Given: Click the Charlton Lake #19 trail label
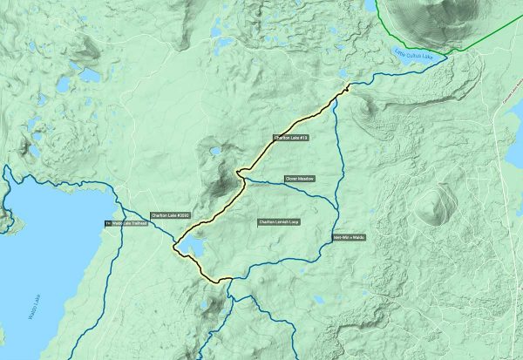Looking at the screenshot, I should point(291,138).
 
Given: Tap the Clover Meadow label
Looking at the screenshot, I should point(298,180).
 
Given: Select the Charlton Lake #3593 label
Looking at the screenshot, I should point(170,214).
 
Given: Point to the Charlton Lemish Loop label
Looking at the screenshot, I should point(279,221).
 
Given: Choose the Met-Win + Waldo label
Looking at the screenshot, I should point(349,236).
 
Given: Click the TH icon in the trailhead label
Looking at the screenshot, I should point(108,223).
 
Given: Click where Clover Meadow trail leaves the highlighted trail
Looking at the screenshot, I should point(241,180).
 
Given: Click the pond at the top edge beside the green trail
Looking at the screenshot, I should point(370,7).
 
